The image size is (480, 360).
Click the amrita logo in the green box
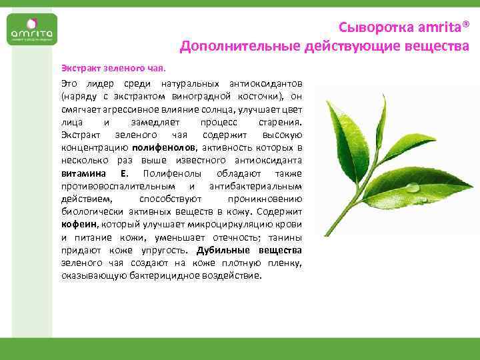31,33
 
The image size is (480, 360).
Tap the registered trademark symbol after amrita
465,25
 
